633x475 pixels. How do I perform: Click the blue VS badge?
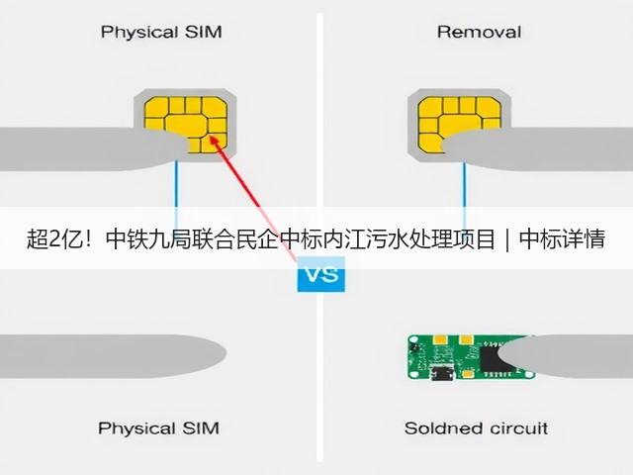coord(320,274)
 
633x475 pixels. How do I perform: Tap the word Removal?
coord(479,32)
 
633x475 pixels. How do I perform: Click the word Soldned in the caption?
coord(438,428)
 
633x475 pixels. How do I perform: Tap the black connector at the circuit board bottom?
coord(442,372)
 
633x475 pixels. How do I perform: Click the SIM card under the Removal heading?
coord(459,126)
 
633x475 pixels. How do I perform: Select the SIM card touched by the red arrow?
coord(185,126)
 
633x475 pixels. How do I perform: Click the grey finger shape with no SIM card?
coord(113,356)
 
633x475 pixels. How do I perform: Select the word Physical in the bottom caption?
coord(136,428)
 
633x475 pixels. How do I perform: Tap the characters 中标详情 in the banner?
coord(562,238)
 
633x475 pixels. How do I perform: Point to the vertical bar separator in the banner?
coord(507,239)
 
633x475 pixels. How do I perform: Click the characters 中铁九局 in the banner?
coord(148,238)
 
